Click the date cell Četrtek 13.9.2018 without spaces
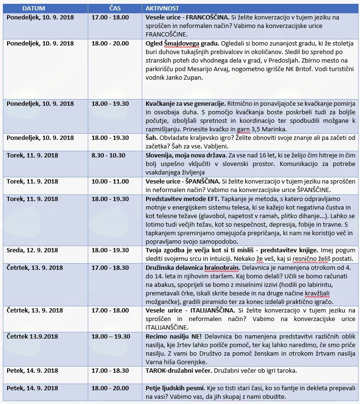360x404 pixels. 32,336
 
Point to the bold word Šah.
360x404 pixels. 151,138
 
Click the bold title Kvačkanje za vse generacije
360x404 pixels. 185,104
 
